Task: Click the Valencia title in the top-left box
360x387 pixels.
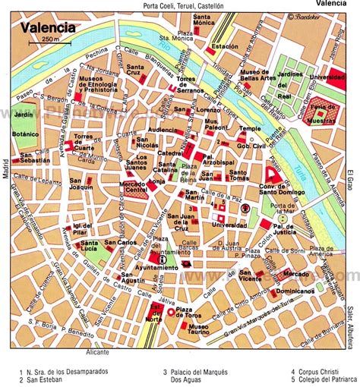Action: coord(48,28)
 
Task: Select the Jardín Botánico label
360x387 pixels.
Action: coord(24,124)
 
